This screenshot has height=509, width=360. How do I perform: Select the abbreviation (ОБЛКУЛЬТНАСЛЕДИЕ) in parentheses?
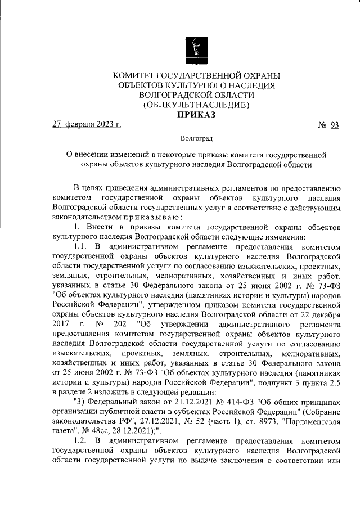196,105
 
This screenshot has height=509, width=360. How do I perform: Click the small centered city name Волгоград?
196,138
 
